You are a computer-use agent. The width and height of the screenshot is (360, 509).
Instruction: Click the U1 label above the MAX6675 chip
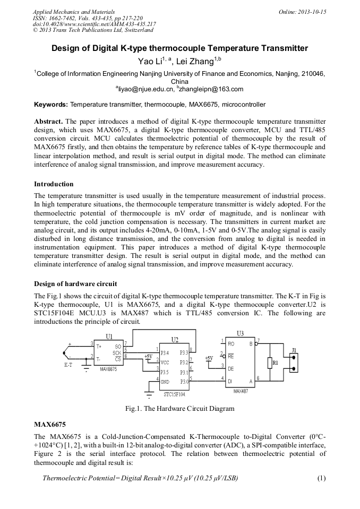tap(109, 336)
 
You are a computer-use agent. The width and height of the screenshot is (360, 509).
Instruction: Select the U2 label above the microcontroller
tap(175, 339)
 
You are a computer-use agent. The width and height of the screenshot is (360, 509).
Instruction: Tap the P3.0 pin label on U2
tap(184, 381)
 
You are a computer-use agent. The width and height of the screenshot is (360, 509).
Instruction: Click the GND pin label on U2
tap(166, 381)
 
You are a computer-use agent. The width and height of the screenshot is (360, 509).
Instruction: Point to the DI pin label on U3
tap(230, 381)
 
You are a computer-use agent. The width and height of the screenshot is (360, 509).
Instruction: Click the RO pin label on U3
tap(231, 344)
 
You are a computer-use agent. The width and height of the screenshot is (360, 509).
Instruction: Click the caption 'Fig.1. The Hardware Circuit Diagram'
tap(179, 409)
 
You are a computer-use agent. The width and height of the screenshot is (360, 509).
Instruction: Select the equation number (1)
tap(321, 478)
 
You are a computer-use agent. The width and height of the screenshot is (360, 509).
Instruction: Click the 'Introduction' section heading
tap(54, 184)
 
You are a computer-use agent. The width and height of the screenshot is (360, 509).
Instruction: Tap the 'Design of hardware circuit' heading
tap(75, 284)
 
